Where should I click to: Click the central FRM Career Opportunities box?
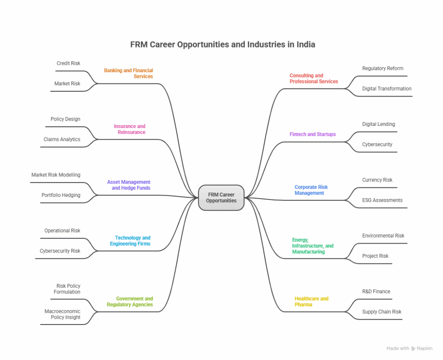(221, 198)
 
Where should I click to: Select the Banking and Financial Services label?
(128, 74)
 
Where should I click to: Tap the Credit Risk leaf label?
(68, 64)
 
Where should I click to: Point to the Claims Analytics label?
(62, 140)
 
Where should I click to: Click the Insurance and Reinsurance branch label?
(130, 129)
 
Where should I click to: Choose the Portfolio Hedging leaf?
(61, 196)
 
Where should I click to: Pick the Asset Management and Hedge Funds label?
(129, 185)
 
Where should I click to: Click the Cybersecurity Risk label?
(60, 251)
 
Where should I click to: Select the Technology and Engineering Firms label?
(130, 241)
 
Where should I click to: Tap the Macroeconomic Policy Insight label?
(62, 314)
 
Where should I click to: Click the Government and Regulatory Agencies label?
(130, 302)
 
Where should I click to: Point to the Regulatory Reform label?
(382, 68)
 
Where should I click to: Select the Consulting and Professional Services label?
(314, 78)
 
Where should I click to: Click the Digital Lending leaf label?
(379, 124)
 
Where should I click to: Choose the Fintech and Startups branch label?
(312, 135)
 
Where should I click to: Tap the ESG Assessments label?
(382, 200)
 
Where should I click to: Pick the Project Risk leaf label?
(375, 256)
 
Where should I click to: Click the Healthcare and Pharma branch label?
(311, 302)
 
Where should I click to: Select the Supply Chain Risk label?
(382, 312)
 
